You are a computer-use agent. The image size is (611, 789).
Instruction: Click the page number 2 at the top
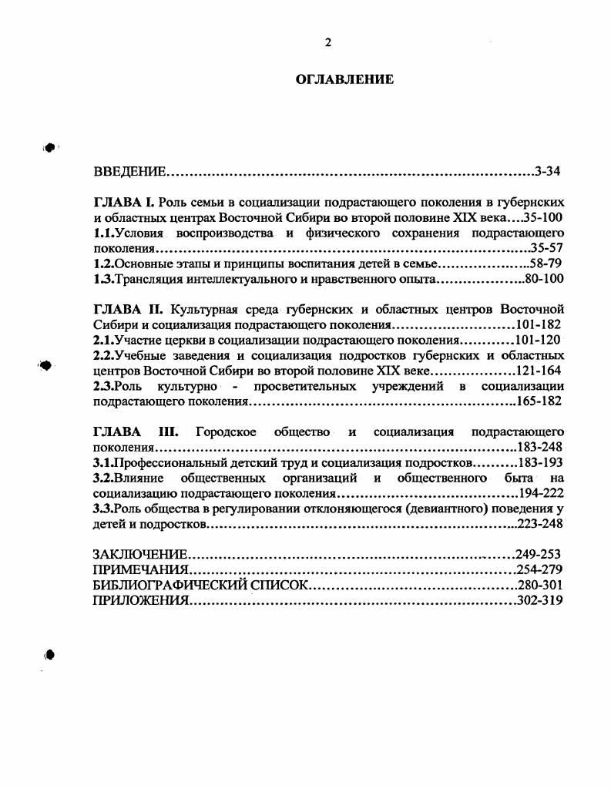[x=327, y=43]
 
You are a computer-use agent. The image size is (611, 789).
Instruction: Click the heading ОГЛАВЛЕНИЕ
[x=344, y=79]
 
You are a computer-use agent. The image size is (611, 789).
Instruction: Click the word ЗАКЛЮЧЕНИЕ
[x=140, y=555]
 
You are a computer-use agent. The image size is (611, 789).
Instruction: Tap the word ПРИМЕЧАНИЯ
[x=140, y=570]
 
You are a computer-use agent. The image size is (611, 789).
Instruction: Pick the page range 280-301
[x=539, y=586]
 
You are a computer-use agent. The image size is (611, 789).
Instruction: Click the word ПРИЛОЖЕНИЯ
[x=140, y=601]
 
